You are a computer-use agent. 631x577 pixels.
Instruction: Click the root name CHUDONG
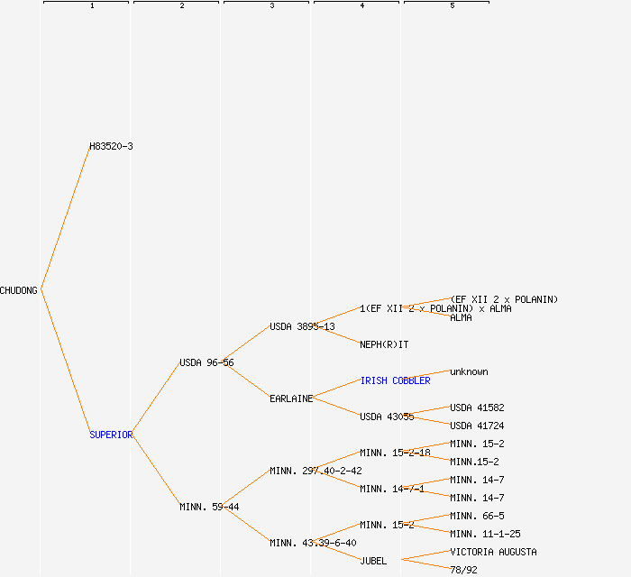tap(19, 290)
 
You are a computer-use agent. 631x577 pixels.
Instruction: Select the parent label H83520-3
tap(111, 146)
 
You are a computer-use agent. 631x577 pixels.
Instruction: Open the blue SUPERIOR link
tap(111, 435)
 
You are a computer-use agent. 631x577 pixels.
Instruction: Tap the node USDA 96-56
tap(206, 362)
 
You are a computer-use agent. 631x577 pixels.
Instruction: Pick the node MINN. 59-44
tap(209, 507)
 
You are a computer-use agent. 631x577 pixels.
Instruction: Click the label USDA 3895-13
tap(302, 326)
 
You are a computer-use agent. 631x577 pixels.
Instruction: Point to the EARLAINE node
tap(291, 398)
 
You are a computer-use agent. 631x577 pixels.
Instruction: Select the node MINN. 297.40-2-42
tap(315, 471)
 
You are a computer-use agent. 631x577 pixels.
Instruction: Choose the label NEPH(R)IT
tap(384, 344)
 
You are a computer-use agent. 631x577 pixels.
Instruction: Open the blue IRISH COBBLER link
tap(395, 380)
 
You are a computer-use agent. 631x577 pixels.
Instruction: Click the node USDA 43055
tap(387, 417)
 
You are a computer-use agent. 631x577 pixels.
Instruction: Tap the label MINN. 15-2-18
tap(395, 453)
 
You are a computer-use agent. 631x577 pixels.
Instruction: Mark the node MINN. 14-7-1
tap(392, 489)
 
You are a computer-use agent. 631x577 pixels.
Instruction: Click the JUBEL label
tap(373, 561)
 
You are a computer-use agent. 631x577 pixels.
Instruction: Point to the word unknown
tap(469, 371)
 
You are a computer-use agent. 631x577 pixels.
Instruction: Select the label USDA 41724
tap(477, 426)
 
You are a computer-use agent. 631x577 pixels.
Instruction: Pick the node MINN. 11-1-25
tap(485, 534)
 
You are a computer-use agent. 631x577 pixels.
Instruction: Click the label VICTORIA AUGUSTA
tap(493, 552)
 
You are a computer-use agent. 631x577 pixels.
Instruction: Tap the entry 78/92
tap(463, 570)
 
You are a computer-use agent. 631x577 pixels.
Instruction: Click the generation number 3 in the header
tap(271, 6)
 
